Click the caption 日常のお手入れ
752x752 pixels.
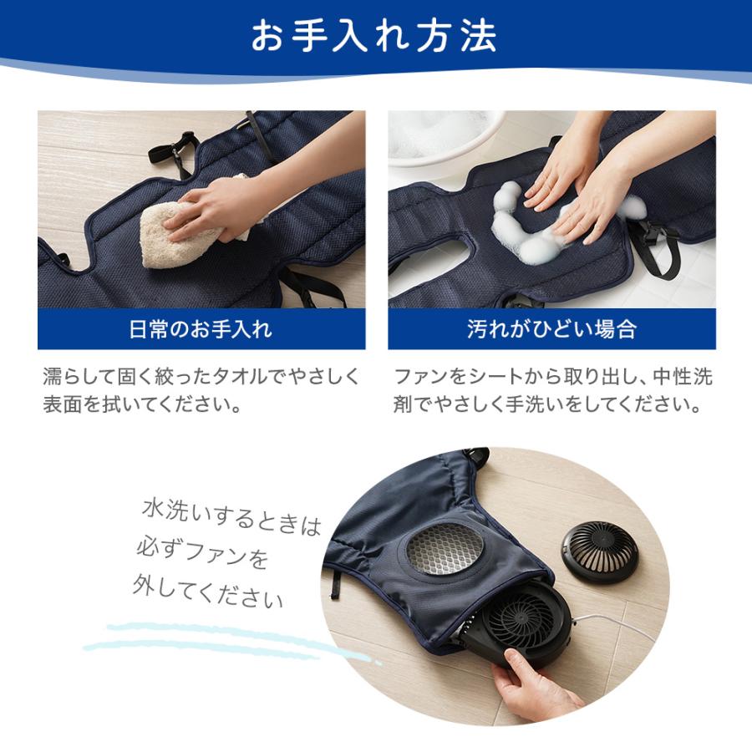coord(201,328)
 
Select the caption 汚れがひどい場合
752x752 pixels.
coord(551,328)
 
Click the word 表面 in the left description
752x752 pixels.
coord(63,405)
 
